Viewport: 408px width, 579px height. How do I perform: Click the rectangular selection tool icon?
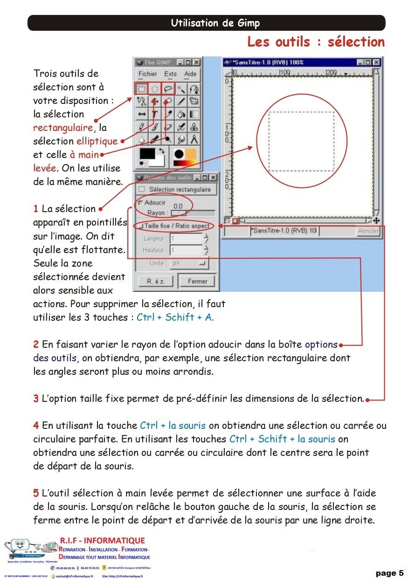pos(142,88)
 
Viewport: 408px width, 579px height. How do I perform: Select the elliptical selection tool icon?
pos(155,88)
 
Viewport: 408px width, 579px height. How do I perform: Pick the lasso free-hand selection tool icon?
pos(168,88)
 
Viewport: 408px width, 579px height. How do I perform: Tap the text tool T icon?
pos(155,114)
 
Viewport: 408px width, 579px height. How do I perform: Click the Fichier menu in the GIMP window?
pos(148,74)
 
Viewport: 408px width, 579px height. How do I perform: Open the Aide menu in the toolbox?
pos(190,74)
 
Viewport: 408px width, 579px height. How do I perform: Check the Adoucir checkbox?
pos(140,202)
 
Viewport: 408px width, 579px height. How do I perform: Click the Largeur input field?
pos(186,238)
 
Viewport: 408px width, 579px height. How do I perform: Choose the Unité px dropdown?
pos(189,263)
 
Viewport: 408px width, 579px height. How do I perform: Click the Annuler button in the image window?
pos(368,231)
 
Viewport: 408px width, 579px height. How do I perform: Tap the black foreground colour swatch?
pos(147,154)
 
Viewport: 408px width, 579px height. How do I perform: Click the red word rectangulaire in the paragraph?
pos(63,127)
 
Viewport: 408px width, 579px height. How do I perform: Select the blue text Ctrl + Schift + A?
pos(175,317)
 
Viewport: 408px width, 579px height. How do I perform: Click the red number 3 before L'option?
pos(36,399)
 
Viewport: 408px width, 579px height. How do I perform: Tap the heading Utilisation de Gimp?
pos(215,23)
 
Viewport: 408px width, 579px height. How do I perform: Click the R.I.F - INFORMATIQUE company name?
pos(103,540)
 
